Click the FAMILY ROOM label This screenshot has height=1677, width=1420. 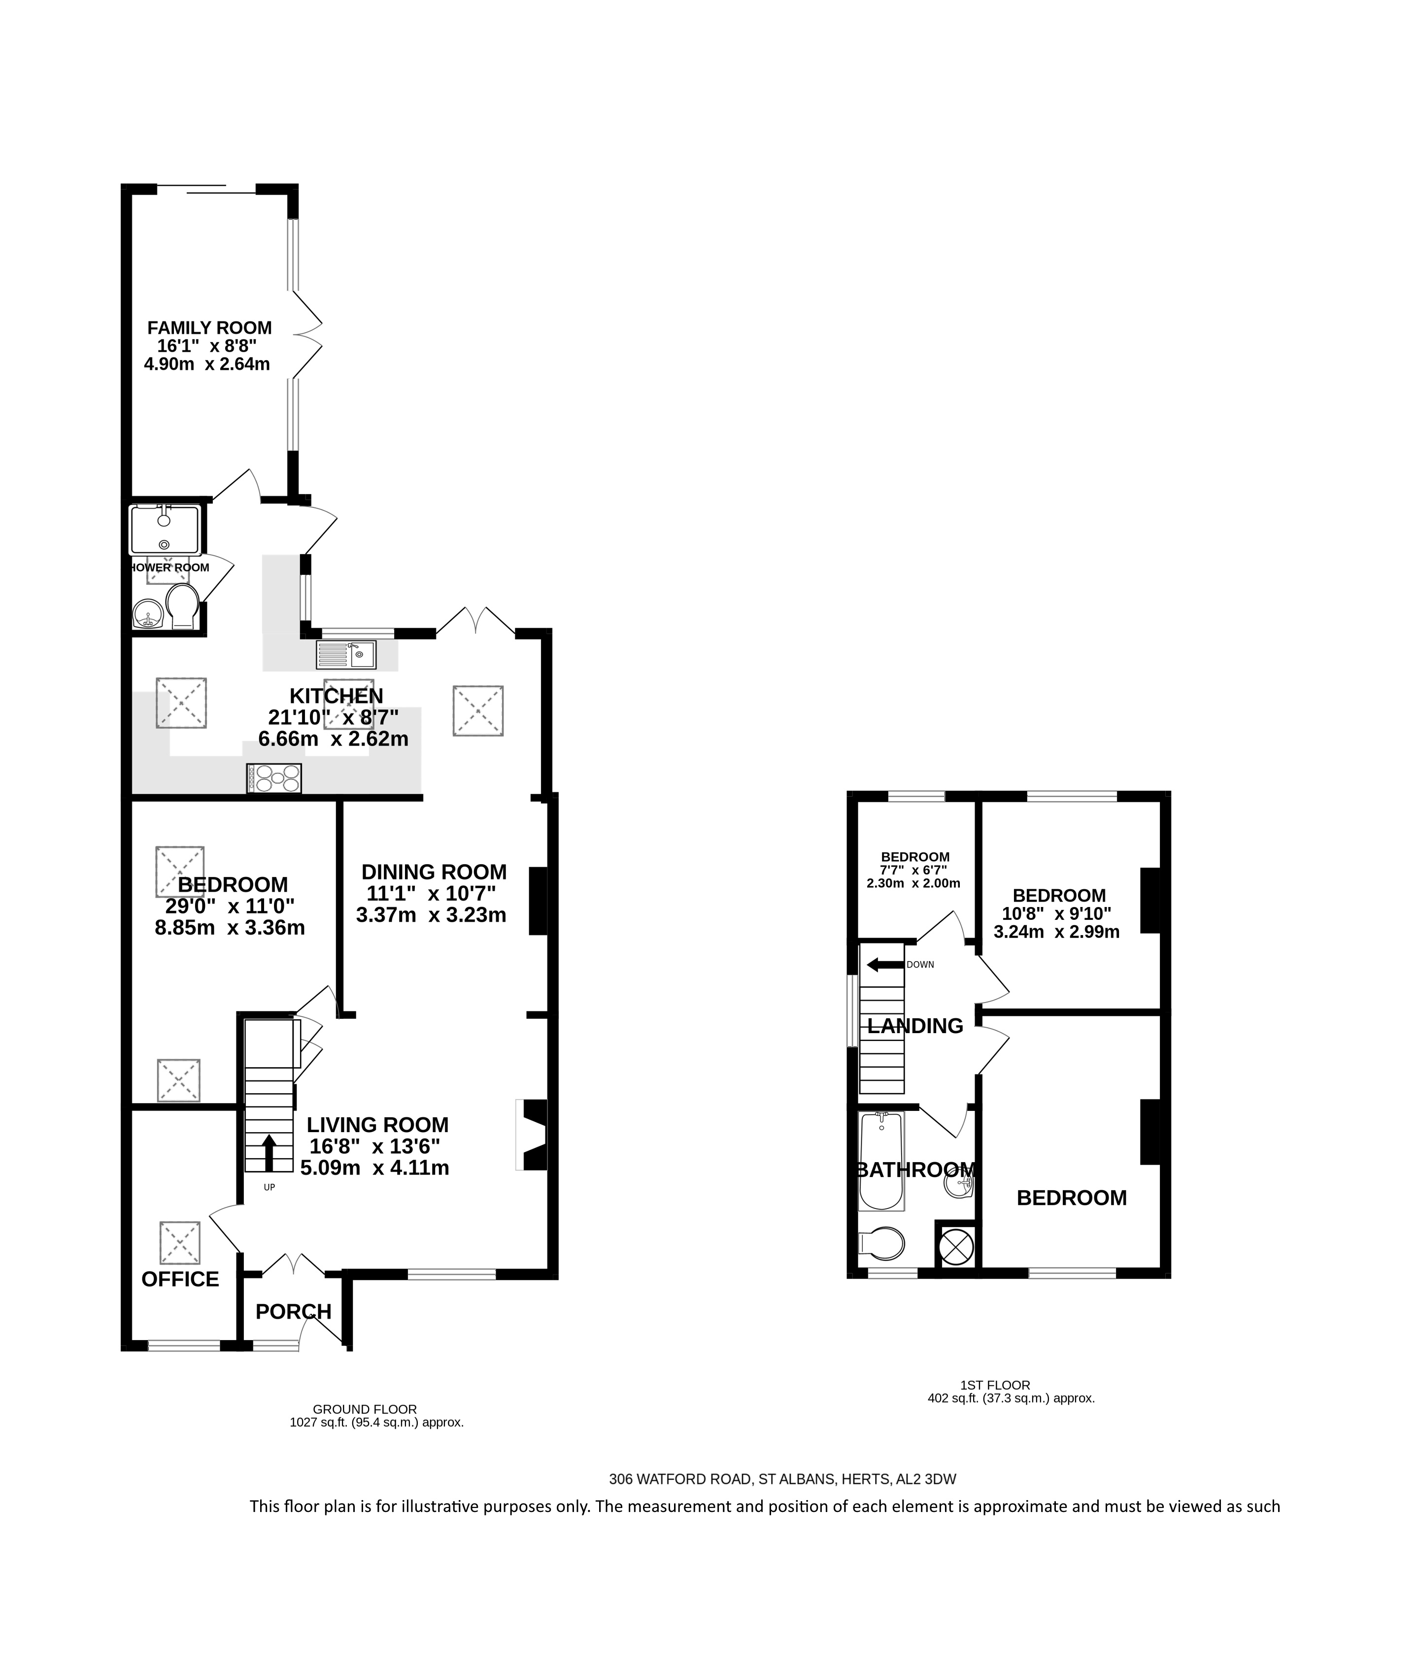pos(209,328)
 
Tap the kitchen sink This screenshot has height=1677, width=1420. pos(346,654)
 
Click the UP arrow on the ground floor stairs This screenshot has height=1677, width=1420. pos(269,1152)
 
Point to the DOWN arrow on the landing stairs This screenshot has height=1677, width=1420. pos(885,964)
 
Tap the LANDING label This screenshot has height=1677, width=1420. pos(915,1026)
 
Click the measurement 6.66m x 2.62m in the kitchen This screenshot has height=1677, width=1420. pos(333,738)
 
